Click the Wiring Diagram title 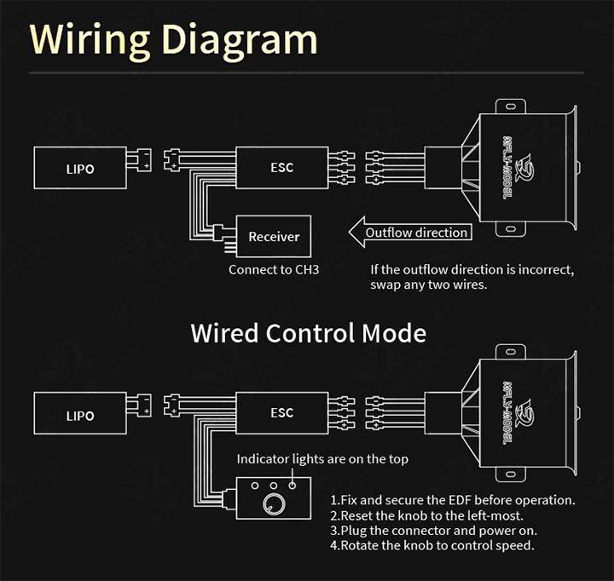pos(173,39)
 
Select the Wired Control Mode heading pos(308,332)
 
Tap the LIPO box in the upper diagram pos(80,169)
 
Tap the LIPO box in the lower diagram pos(80,416)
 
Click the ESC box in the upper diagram pos(281,167)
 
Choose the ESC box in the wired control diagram pos(281,413)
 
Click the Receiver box pos(274,237)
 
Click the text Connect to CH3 pos(274,270)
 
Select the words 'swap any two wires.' pos(428,285)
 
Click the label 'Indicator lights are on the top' pos(322,459)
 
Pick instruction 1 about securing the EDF pos(452,500)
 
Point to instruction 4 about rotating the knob pos(432,544)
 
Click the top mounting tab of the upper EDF pos(509,106)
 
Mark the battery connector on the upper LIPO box pos(141,159)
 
